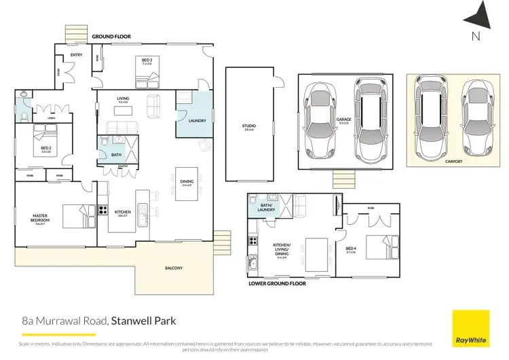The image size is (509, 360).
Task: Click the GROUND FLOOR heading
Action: pos(111,36)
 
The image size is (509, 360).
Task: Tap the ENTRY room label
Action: pos(76,55)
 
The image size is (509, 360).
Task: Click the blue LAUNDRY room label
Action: pos(197,120)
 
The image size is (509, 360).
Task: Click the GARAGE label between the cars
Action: pos(343,120)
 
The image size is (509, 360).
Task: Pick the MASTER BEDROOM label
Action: pos(40,218)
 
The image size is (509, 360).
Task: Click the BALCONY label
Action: pos(173,268)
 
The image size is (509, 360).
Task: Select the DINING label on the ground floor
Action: pos(187,181)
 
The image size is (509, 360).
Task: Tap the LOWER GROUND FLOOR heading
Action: pos(278,283)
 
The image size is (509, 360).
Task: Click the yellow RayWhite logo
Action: pos(471,327)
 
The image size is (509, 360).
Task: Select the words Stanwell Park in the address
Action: pos(143,319)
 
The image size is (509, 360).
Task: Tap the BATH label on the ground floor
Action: pos(117,154)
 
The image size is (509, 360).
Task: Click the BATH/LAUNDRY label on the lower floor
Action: pos(265,206)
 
